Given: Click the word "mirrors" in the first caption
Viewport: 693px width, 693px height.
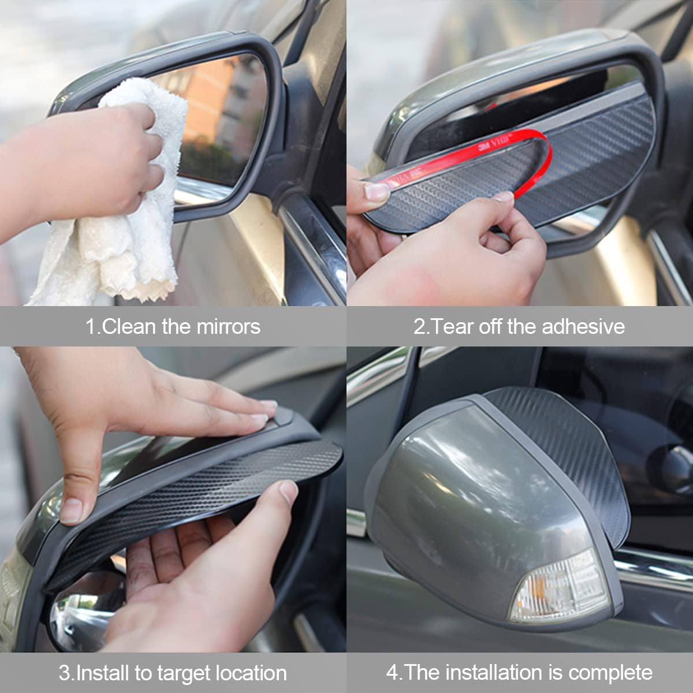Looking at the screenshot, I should click(228, 326).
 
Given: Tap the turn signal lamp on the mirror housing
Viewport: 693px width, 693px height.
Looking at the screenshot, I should click(557, 586).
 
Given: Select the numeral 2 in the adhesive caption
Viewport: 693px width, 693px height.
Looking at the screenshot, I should click(419, 326).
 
